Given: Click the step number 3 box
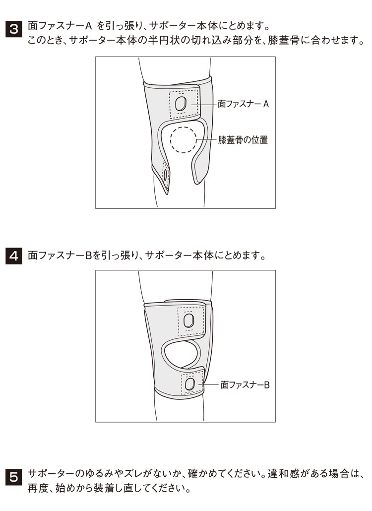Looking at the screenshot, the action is tap(14, 29).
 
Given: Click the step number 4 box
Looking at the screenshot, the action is tap(14, 256).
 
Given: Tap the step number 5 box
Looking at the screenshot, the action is tap(14, 477).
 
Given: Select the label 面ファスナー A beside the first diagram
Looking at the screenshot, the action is tap(244, 104).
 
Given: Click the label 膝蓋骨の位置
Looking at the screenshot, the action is tap(243, 140).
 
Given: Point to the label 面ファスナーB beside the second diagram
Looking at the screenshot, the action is tap(245, 385).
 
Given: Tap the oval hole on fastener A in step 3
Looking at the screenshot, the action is tap(181, 104).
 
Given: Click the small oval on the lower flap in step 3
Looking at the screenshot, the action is tap(166, 174).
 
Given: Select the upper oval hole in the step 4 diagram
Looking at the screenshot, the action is tap(189, 320).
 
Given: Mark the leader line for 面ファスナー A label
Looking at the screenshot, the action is tap(204, 104).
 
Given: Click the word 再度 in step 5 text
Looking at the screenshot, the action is tap(38, 489).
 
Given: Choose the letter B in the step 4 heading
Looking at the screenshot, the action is tap(88, 255).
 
